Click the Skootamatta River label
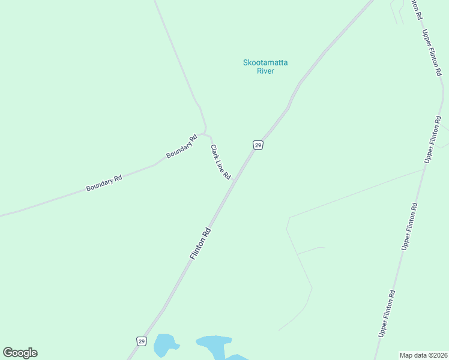tap(265, 66)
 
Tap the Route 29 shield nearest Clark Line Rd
tap(258, 145)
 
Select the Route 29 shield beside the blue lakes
tap(141, 341)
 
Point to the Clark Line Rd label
tap(220, 162)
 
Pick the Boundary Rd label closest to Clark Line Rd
tap(182, 146)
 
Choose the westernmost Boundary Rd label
tap(104, 183)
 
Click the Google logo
tap(20, 353)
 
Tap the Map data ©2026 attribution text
tap(423, 355)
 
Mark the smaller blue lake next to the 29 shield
tap(164, 346)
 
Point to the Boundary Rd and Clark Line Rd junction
tap(205, 133)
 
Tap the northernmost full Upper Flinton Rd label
tap(432, 53)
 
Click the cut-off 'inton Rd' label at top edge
tap(415, 10)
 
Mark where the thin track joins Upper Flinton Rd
tap(426, 169)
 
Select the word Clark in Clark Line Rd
tap(214, 151)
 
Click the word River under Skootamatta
tap(265, 71)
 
